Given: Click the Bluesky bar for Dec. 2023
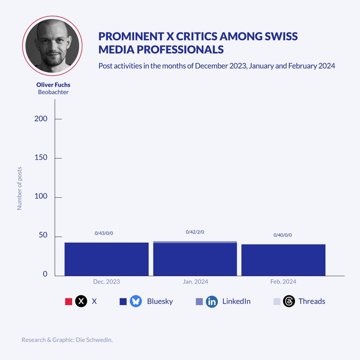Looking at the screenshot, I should point(106,259).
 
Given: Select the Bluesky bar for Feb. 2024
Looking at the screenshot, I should point(283,260).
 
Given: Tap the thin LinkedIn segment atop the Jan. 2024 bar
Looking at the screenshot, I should point(195,242).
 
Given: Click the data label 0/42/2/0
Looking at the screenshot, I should point(195,232).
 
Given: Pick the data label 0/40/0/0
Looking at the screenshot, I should point(283,235).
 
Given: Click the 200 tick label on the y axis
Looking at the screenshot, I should point(41,119).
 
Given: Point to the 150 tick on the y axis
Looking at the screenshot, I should point(41,157).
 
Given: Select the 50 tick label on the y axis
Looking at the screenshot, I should point(43,235).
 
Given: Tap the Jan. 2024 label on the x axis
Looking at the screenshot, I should point(195,282).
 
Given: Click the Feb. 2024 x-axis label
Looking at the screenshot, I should point(283,282).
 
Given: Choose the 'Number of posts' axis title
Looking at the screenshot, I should point(20,187).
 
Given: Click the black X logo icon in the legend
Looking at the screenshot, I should point(82,301).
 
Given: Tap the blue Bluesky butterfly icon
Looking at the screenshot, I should point(136,301).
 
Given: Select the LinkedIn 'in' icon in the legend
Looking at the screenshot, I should point(212,301).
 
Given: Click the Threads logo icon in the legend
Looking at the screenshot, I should point(289,301).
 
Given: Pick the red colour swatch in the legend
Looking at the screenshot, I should point(68,301).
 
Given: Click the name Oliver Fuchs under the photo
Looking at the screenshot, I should point(53,85).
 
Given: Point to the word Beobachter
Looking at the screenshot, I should point(53,92).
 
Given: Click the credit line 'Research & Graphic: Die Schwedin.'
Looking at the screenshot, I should point(67,339).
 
